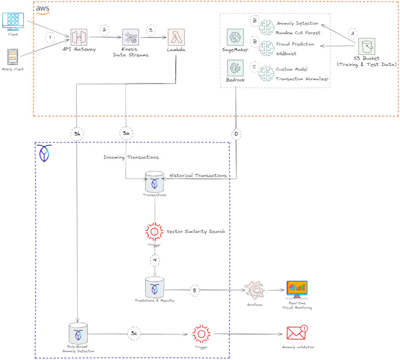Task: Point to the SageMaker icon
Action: point(235,37)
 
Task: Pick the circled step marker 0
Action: point(236,133)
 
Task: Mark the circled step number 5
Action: point(194,290)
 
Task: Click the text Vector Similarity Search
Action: point(196,232)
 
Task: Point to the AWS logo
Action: point(43,9)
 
